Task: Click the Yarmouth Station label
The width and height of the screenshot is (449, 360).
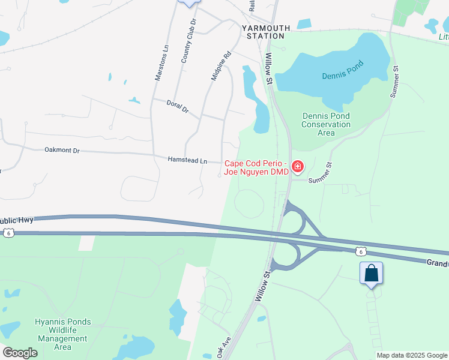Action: pyautogui.click(x=266, y=32)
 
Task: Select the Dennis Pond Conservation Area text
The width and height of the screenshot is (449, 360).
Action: pyautogui.click(x=326, y=124)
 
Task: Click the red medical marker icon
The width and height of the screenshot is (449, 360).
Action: pyautogui.click(x=297, y=166)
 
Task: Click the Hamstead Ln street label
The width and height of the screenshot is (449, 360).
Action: pyautogui.click(x=187, y=161)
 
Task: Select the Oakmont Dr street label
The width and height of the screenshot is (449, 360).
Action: pyautogui.click(x=62, y=151)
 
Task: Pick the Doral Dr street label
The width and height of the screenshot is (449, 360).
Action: pyautogui.click(x=178, y=107)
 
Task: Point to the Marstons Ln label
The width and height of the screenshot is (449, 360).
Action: pyautogui.click(x=160, y=63)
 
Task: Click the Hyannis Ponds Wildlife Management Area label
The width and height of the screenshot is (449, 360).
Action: pyautogui.click(x=62, y=334)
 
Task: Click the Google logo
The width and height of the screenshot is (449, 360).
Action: pyautogui.click(x=20, y=353)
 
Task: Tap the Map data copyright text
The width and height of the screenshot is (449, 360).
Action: pyautogui.click(x=412, y=355)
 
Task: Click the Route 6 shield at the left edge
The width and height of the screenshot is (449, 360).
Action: pyautogui.click(x=8, y=233)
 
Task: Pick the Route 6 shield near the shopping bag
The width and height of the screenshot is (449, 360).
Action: pyautogui.click(x=360, y=251)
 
